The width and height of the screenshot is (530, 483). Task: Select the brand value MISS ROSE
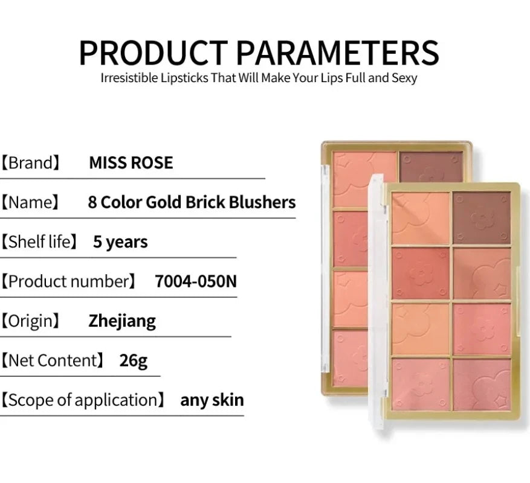coord(131,162)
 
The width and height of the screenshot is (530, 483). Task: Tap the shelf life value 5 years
coord(120,242)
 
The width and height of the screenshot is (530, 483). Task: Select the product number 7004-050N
coord(196,281)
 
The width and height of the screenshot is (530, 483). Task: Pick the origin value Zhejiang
coord(122,321)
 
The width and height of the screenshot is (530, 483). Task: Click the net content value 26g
coord(133,360)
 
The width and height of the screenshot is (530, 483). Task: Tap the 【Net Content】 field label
coord(51,360)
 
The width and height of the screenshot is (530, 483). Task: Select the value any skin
coord(212,400)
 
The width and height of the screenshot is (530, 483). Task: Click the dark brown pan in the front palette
coord(481,218)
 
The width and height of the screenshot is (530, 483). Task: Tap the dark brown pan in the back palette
coord(431,165)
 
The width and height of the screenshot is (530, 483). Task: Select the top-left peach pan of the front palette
coord(421,218)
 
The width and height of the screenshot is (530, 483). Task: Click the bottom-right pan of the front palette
coord(481,385)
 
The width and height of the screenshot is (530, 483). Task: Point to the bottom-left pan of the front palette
coord(421,385)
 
